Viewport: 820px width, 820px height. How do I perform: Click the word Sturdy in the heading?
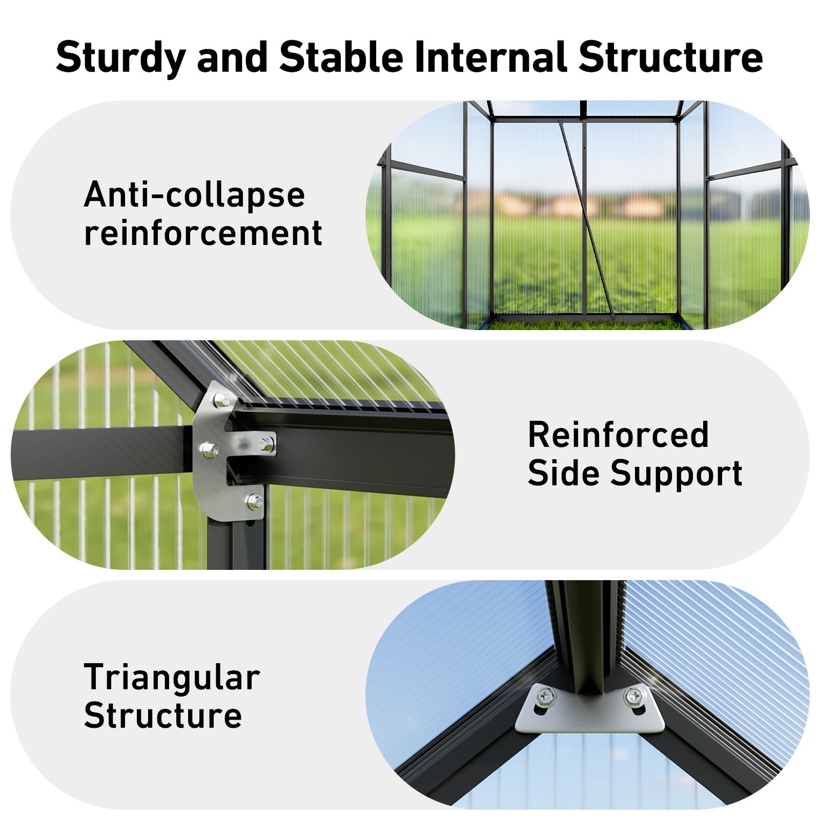pos(121,58)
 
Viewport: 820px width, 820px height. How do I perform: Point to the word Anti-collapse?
pos(194,195)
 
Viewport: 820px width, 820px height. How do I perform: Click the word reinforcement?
pos(203,233)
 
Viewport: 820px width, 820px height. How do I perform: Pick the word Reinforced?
pos(619,435)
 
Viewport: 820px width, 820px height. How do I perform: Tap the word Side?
pos(564,473)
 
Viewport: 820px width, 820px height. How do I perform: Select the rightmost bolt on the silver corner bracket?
pos(266,444)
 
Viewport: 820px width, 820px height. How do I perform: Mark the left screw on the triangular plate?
pos(544,696)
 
